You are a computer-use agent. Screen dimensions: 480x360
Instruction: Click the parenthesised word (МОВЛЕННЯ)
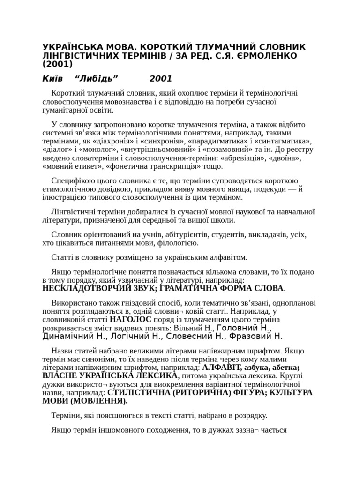tap(98, 401)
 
